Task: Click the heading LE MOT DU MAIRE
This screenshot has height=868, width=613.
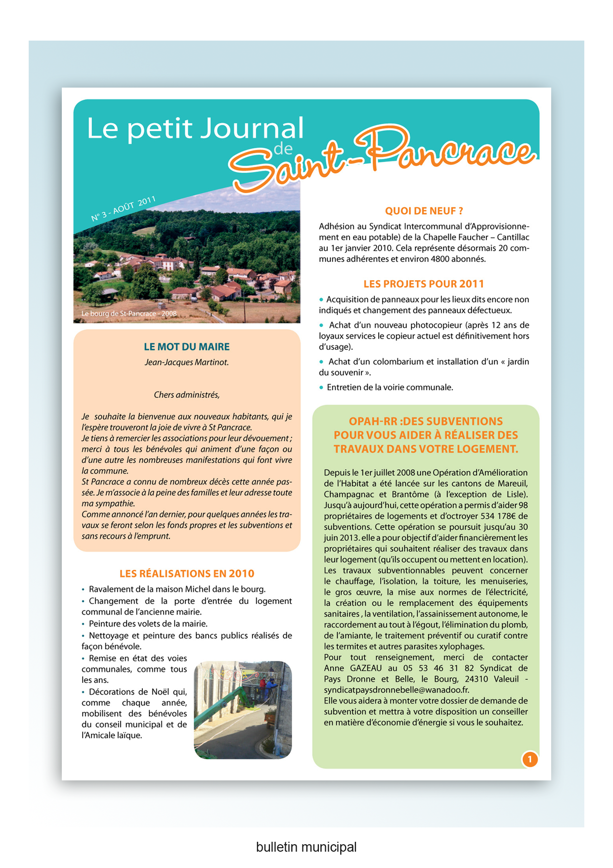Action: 186,347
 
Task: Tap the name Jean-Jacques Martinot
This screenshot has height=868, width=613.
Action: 186,362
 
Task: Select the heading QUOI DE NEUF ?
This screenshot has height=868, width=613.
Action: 424,211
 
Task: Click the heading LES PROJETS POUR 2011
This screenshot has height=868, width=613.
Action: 424,284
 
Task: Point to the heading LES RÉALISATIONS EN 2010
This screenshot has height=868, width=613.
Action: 187,574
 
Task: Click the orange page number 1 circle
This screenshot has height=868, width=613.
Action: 530,759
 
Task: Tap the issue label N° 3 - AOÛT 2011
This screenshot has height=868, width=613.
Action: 124,208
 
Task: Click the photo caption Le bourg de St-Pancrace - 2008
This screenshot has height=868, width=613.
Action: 129,314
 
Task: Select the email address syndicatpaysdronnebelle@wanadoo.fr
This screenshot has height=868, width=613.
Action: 396,690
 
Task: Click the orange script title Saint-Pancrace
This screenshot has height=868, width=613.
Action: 381,158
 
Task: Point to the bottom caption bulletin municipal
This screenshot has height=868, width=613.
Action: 306,847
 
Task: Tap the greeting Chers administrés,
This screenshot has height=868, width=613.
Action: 186,395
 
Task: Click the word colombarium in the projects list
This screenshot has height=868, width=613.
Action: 396,362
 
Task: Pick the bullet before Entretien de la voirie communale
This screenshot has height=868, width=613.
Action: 321,387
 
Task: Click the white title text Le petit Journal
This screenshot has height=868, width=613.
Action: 195,129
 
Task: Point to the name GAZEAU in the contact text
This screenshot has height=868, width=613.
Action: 366,668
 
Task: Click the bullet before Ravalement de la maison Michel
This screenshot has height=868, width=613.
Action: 83,589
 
